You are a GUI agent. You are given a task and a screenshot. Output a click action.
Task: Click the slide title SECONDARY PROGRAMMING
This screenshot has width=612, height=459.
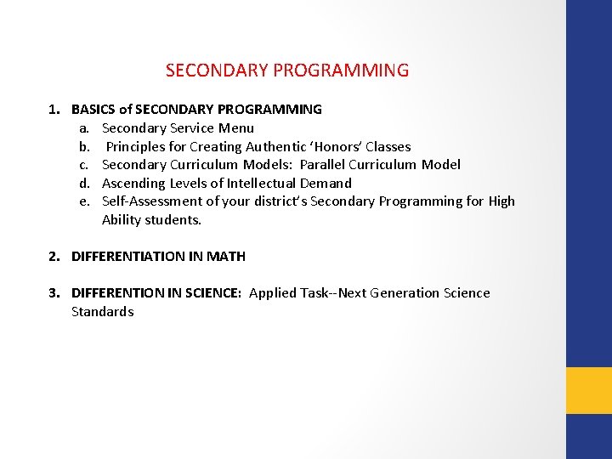click(287, 71)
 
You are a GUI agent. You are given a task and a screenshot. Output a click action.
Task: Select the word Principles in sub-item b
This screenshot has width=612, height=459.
click(137, 147)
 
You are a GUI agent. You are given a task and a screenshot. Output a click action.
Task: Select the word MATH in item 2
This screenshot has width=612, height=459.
click(225, 257)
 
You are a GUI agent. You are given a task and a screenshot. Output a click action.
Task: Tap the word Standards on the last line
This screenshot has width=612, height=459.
click(103, 312)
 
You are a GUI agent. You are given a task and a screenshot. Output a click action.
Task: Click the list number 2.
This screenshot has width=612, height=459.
click(54, 257)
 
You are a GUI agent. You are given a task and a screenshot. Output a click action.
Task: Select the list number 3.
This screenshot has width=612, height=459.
click(54, 293)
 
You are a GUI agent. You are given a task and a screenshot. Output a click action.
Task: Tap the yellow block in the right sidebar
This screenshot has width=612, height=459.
click(589, 390)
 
